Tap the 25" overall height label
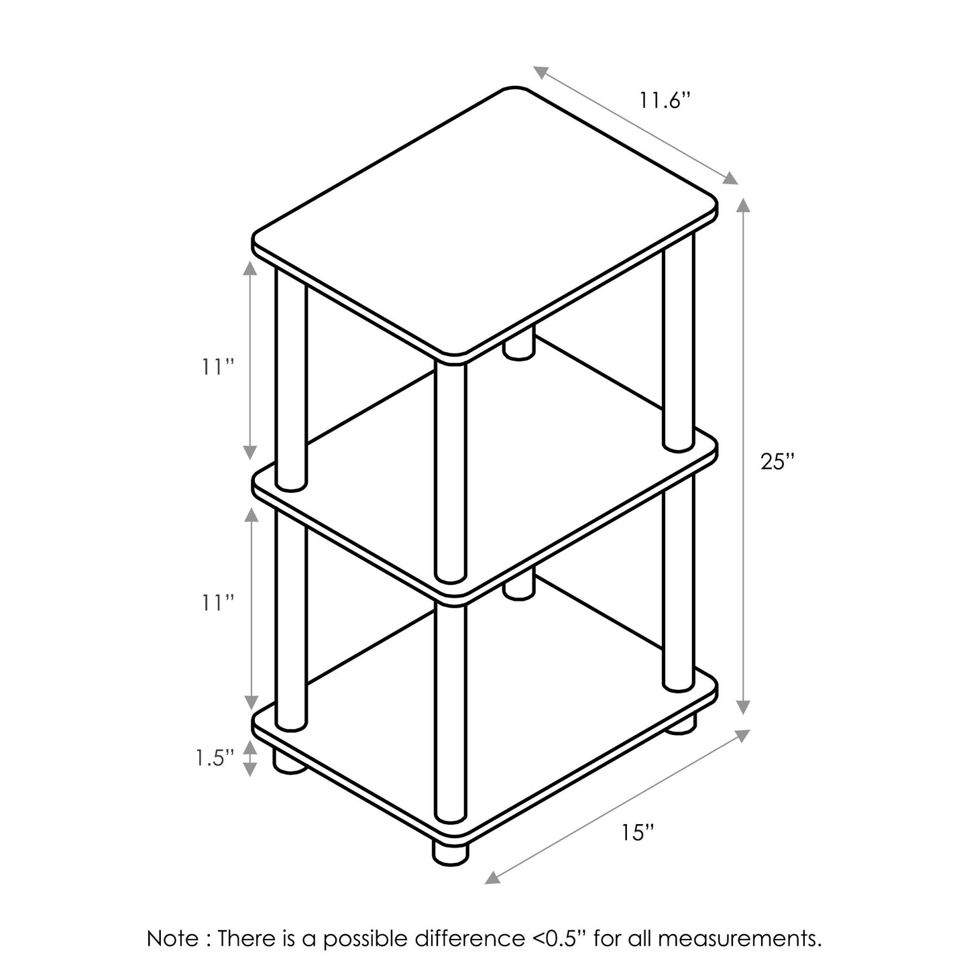pos(778,461)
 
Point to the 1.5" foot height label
pos(215,758)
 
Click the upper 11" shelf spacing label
pos(218,367)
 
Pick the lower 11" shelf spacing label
pos(218,603)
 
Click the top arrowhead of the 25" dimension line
pos(743,207)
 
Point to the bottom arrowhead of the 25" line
pos(743,706)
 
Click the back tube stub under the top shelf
pos(519,343)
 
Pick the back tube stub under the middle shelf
pos(519,584)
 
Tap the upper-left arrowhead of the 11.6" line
pos(541,72)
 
